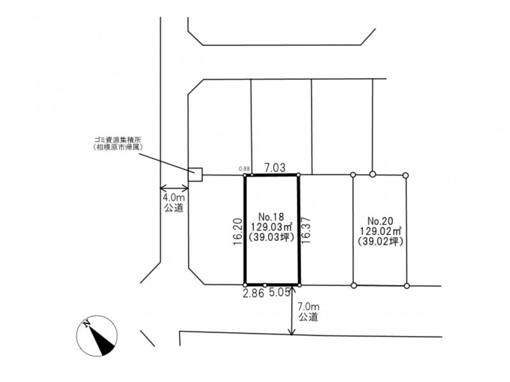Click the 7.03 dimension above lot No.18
(275, 167)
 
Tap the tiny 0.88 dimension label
(244, 169)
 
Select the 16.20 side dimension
(238, 231)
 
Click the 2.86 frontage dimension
(253, 294)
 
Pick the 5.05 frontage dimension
(279, 293)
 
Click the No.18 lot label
(272, 216)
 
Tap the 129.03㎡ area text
(272, 227)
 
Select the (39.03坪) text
(272, 237)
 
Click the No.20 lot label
(380, 221)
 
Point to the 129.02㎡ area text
(380, 231)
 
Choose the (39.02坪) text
(380, 242)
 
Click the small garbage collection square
(196, 174)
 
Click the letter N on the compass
(87, 324)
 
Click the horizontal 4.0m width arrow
(174, 188)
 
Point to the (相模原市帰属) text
(119, 147)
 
